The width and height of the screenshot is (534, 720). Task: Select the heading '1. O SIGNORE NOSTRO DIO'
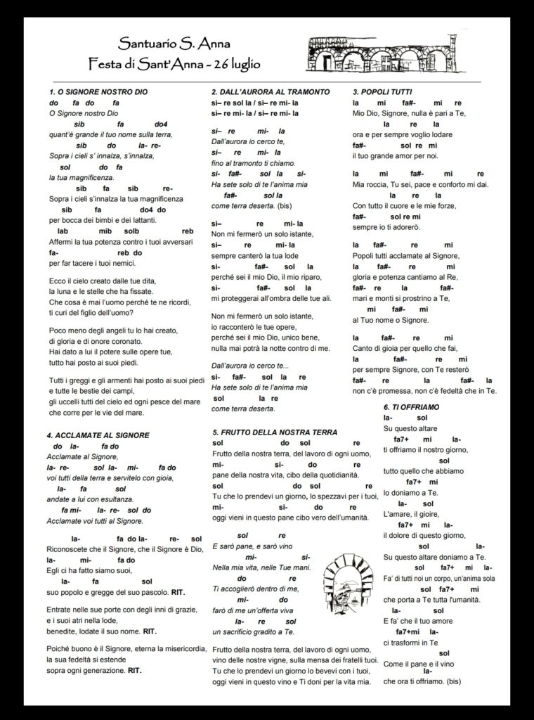point(98,92)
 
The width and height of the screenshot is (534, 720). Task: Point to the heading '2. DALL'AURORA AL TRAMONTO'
point(271,92)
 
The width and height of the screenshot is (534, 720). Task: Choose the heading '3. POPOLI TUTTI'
point(382,92)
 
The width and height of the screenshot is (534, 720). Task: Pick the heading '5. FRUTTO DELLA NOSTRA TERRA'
point(275,432)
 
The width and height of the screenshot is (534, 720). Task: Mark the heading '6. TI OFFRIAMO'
point(412,408)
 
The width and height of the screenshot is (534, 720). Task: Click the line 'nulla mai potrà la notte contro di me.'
point(271,348)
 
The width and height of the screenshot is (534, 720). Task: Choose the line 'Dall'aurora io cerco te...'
point(249,366)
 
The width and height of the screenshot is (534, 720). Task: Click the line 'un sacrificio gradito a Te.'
point(255,633)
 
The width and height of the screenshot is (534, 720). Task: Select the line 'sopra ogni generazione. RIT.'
point(94,671)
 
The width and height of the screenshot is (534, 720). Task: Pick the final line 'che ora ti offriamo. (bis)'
point(422,682)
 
